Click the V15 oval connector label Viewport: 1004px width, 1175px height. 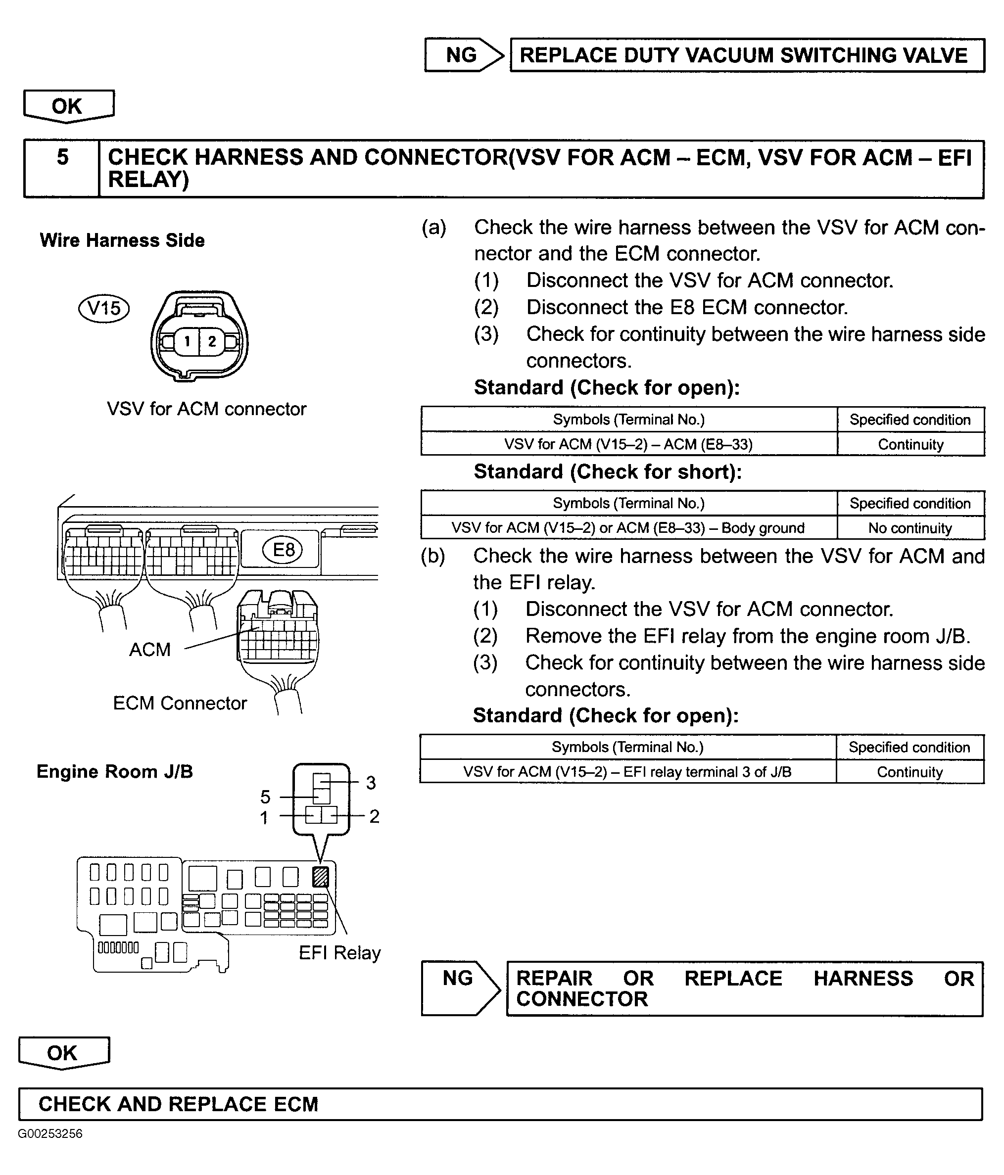pyautogui.click(x=104, y=309)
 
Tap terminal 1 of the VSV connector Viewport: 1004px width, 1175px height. pyautogui.click(x=187, y=341)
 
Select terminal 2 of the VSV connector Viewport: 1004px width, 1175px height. pyautogui.click(x=212, y=341)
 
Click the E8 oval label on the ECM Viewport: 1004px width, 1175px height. pyautogui.click(x=284, y=549)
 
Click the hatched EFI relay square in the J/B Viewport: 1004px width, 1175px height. pyautogui.click(x=321, y=877)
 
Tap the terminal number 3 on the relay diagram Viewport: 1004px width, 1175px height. pyautogui.click(x=371, y=783)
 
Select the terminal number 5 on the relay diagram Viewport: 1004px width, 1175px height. pyautogui.click(x=265, y=797)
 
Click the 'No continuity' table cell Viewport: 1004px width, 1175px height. pyautogui.click(x=910, y=528)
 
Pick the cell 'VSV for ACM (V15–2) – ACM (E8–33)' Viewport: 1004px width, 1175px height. pyautogui.click(x=628, y=444)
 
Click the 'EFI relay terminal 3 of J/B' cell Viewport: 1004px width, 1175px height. pyautogui.click(x=627, y=772)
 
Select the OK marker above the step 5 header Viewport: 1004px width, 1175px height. pyautogui.click(x=67, y=106)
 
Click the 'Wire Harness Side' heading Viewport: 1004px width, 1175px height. pyautogui.click(x=122, y=240)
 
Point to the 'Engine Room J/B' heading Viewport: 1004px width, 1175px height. pyautogui.click(x=115, y=772)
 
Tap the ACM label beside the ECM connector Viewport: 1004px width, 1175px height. pyautogui.click(x=150, y=649)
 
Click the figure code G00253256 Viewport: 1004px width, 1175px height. pyautogui.click(x=50, y=1133)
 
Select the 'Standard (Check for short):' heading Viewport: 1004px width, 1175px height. pyautogui.click(x=608, y=472)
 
